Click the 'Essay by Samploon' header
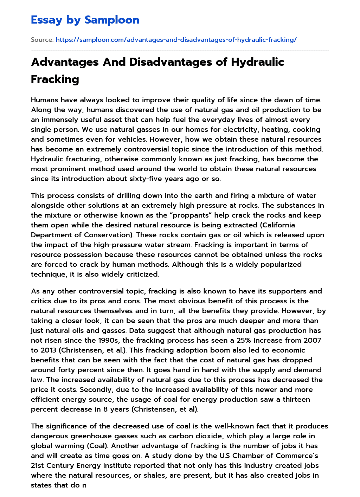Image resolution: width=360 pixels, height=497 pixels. click(85, 20)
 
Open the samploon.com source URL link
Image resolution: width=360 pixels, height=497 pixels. click(176, 40)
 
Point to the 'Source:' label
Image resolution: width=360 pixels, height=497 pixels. click(42, 40)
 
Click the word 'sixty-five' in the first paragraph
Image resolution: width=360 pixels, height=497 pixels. click(167, 179)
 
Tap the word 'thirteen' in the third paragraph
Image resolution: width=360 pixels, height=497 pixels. click(297, 399)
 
